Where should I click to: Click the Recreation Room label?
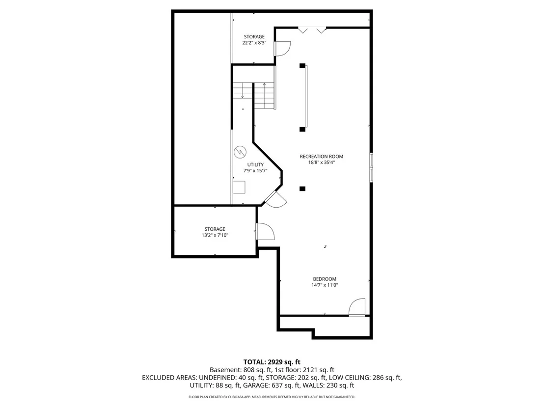click(x=321, y=157)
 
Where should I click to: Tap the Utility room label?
click(x=255, y=165)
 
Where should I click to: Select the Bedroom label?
click(x=325, y=279)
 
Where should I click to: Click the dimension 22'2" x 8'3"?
click(x=254, y=43)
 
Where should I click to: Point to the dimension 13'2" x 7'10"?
click(x=215, y=235)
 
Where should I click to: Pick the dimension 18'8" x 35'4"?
click(x=321, y=163)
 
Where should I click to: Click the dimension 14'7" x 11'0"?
click(x=325, y=285)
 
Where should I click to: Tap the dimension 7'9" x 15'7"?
click(x=255, y=171)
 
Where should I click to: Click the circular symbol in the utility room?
click(x=240, y=152)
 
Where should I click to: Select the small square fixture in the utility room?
click(x=239, y=188)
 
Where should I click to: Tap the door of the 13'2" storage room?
click(x=265, y=231)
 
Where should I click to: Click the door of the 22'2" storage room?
click(x=282, y=48)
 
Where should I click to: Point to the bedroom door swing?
click(x=357, y=307)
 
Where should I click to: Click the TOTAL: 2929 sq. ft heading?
click(x=272, y=362)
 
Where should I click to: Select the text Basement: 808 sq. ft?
click(x=240, y=370)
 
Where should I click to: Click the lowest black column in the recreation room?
click(x=302, y=189)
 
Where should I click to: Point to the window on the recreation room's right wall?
click(x=371, y=167)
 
